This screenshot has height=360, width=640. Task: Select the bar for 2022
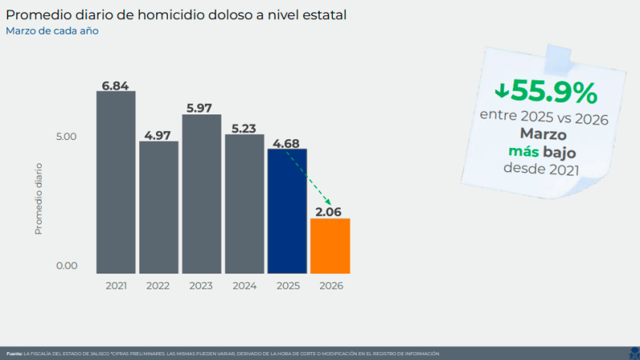[x=158, y=207]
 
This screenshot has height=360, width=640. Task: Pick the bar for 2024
[x=244, y=204]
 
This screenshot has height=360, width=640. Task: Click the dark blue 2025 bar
[x=287, y=211]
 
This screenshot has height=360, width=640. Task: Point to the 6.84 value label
[x=116, y=85]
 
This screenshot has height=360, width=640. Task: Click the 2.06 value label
[x=330, y=212]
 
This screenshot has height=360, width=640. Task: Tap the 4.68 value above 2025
[x=287, y=143]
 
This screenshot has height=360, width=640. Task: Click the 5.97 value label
[x=202, y=108]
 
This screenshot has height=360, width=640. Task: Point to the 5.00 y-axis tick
[x=66, y=136]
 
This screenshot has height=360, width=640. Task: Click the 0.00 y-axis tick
[x=66, y=266]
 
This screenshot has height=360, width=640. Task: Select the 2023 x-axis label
[x=202, y=286]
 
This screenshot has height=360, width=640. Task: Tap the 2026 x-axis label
[x=330, y=286]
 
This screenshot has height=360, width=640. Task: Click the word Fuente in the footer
[x=14, y=353]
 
